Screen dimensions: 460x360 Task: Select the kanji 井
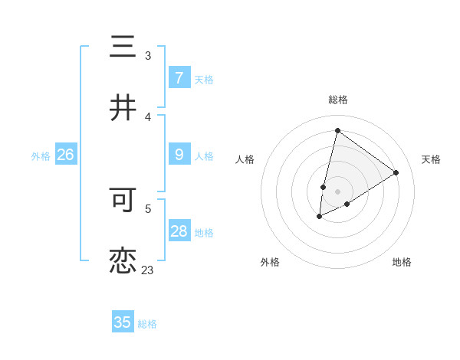coord(123,109)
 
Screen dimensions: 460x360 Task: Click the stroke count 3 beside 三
coord(148,56)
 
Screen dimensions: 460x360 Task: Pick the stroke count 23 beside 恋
coord(148,270)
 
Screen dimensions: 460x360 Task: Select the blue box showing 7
coord(179,78)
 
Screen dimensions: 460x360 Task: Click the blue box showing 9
coord(179,155)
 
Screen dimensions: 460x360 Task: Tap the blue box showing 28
coord(179,231)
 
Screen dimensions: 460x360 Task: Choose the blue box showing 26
coord(65,155)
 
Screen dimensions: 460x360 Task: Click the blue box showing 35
coord(123,322)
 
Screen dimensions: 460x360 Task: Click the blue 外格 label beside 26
coord(41,156)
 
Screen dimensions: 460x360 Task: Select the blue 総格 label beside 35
coord(147,324)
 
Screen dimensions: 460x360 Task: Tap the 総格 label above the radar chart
coord(338,100)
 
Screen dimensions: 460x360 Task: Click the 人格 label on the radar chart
coord(245,159)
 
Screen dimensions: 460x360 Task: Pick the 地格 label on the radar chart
coord(402,262)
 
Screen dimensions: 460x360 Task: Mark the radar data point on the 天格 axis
coord(396,172)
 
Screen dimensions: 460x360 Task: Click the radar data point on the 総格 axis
coord(337,130)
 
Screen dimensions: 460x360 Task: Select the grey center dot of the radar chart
coord(338,191)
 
